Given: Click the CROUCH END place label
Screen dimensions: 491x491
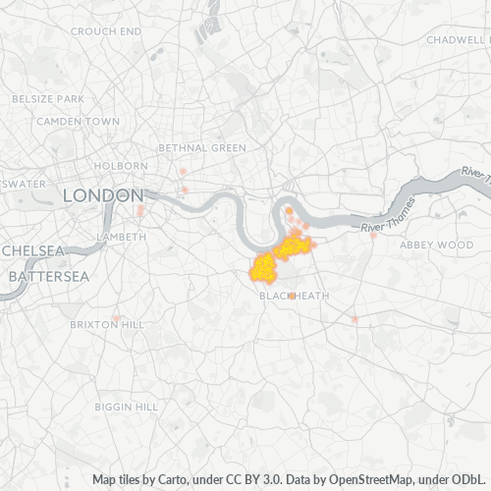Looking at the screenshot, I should [x=106, y=31].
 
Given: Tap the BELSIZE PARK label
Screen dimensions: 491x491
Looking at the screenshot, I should [x=48, y=99].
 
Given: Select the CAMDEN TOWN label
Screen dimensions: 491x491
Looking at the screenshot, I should [x=78, y=121].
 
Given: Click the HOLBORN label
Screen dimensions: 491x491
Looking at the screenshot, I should [x=123, y=166].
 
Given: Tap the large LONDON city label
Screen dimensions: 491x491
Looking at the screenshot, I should [x=103, y=195].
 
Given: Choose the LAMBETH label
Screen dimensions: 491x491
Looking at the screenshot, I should [x=122, y=237].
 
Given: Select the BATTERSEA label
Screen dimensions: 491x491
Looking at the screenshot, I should [x=48, y=277].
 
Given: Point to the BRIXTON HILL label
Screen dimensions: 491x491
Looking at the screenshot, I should [x=106, y=324].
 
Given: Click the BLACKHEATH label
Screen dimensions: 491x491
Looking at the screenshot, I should [x=294, y=296].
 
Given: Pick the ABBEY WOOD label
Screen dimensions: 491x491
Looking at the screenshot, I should [x=436, y=245].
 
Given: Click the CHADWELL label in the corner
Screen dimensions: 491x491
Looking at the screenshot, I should [x=458, y=40].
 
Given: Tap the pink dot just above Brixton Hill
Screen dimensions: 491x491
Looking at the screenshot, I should [x=116, y=316].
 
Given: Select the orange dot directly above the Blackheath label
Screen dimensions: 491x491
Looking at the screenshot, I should [x=293, y=281].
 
